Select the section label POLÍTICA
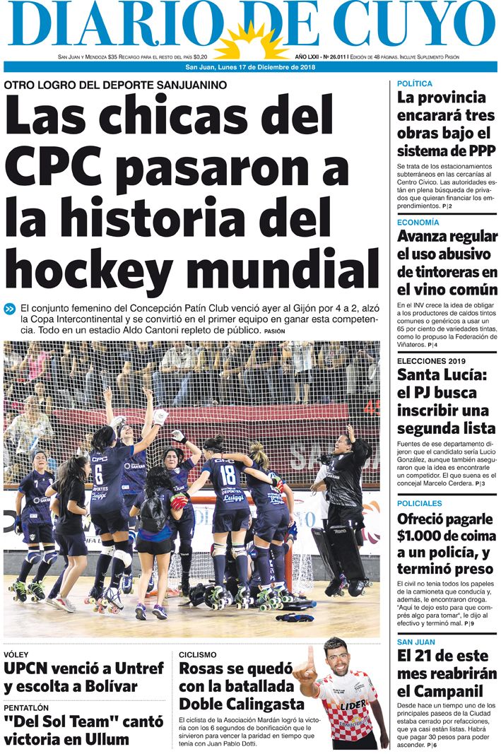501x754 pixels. pyautogui.click(x=415, y=84)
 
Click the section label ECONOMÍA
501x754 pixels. pyautogui.click(x=418, y=223)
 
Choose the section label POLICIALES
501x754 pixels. pyautogui.click(x=420, y=503)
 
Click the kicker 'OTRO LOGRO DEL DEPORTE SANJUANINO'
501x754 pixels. pyautogui.click(x=115, y=85)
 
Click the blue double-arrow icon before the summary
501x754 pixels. pyautogui.click(x=10, y=308)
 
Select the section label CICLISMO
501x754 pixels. pyautogui.click(x=198, y=655)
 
